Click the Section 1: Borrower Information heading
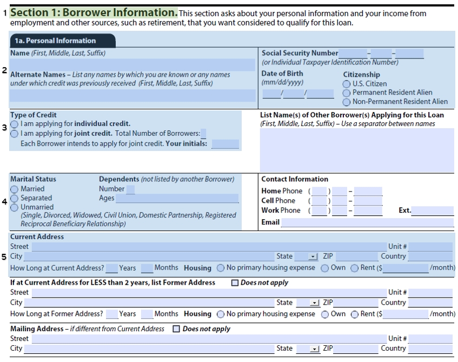(x=94, y=12)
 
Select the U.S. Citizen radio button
(x=347, y=84)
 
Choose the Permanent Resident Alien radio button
(x=347, y=93)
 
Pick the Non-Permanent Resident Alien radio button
(x=347, y=101)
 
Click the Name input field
(x=132, y=65)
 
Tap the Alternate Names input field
(x=132, y=96)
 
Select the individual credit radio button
(x=15, y=124)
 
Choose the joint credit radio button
(x=15, y=134)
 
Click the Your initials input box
(x=225, y=144)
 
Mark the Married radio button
(x=15, y=189)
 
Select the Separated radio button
(x=15, y=199)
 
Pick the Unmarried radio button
(x=15, y=207)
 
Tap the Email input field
(x=367, y=222)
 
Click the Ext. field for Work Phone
(x=432, y=211)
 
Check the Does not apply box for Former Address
(x=235, y=282)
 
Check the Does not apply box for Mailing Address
(x=176, y=328)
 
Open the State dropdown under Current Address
(x=313, y=256)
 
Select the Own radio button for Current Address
(x=325, y=268)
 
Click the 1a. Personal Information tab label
(x=55, y=41)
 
